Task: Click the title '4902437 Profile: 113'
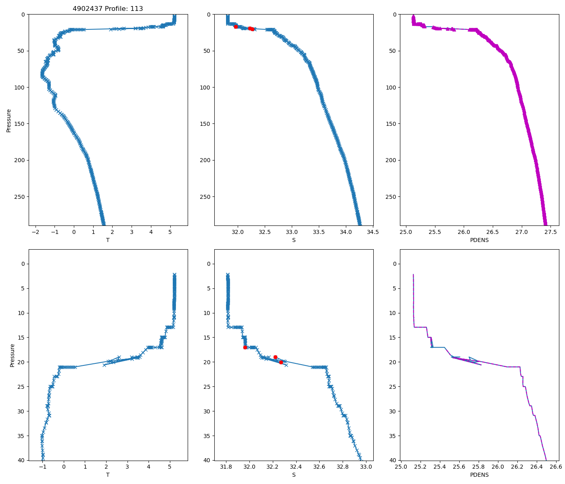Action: (x=108, y=9)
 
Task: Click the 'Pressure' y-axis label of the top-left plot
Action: (x=9, y=120)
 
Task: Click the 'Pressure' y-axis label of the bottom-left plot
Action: (x=12, y=355)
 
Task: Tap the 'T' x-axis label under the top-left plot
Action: (x=108, y=240)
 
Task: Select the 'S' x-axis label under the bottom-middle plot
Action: (x=294, y=475)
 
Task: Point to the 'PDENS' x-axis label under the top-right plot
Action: (x=479, y=240)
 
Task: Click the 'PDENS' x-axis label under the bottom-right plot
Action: (x=479, y=475)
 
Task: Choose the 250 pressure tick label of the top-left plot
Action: (x=20, y=197)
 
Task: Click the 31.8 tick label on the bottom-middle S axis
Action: (x=226, y=467)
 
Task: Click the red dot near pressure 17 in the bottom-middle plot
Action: (x=245, y=347)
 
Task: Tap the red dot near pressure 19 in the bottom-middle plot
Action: (x=275, y=357)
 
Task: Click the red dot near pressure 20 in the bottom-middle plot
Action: (x=281, y=362)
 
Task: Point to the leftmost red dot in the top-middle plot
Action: (x=236, y=27)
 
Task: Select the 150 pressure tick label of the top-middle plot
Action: (x=206, y=124)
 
